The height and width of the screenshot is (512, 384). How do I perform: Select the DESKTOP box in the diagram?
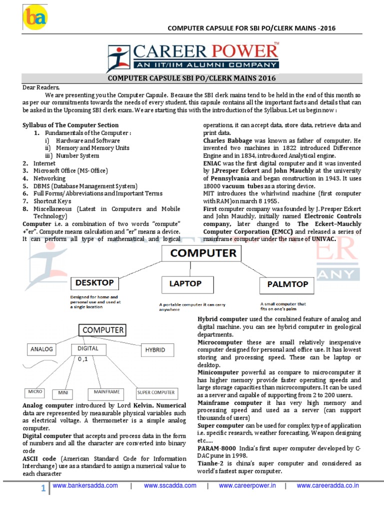[94, 283]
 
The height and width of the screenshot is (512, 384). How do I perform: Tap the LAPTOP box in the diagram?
[185, 284]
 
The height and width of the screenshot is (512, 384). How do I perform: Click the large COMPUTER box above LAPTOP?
[203, 254]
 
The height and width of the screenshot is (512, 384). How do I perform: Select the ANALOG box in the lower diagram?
[42, 349]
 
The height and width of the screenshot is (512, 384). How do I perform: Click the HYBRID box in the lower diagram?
[155, 350]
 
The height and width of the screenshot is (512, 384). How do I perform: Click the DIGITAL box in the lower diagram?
[88, 348]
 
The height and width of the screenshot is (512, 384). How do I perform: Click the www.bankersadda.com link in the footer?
[85, 485]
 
